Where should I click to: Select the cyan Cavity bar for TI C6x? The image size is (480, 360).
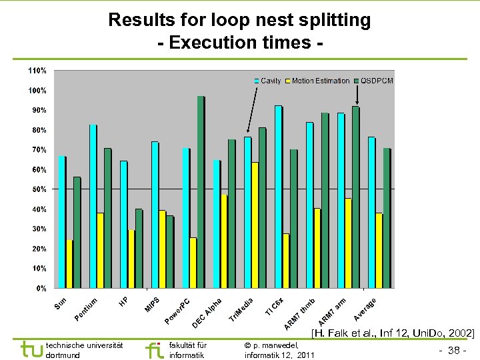coord(278,197)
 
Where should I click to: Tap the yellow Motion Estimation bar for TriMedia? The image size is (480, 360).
coord(255,225)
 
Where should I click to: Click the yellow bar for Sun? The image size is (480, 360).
coord(69,264)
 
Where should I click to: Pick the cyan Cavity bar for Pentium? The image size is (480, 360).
coord(93,207)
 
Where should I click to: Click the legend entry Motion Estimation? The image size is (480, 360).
coord(321,81)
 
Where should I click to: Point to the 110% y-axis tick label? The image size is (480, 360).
coord(37,70)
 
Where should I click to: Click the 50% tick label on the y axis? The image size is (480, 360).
coord(39,189)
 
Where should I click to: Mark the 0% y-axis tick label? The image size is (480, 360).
coord(41,289)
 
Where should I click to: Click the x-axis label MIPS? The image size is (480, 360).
coord(152,303)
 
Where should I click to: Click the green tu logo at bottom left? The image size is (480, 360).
coord(31,349)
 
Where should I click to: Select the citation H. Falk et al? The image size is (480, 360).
coord(393,333)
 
